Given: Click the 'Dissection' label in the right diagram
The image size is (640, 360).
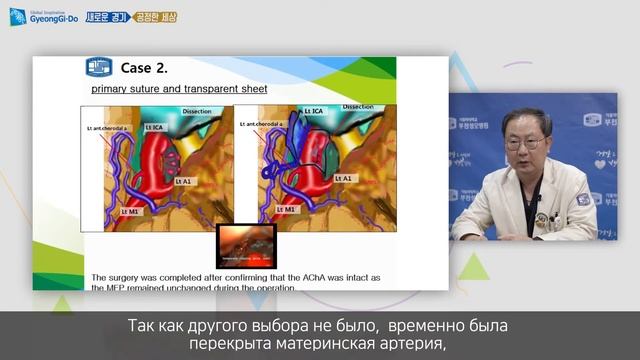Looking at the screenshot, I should (x=357, y=106).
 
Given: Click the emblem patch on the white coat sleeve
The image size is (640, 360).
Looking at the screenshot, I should (x=583, y=199).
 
